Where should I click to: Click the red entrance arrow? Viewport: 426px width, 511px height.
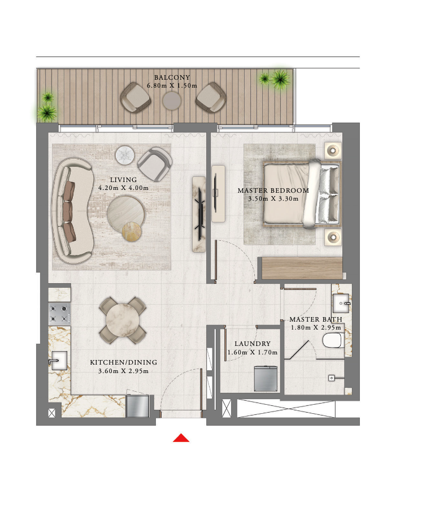[x=181, y=438]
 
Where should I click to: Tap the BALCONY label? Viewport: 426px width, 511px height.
[x=172, y=77]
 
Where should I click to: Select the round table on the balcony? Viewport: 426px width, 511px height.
[x=172, y=101]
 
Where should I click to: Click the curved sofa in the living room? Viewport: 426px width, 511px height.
[x=72, y=211]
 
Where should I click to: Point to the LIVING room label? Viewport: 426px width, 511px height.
[x=123, y=180]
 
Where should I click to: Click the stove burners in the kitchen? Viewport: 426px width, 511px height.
[x=59, y=314]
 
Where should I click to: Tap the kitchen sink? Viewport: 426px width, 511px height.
[x=59, y=361]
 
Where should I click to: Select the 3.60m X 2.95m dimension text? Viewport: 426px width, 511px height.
[x=123, y=371]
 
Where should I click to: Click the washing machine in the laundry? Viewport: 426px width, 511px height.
[x=266, y=379]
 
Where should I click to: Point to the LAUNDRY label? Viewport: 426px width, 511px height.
[x=253, y=344]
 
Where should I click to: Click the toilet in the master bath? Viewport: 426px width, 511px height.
[x=332, y=340]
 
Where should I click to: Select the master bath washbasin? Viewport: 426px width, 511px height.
[x=341, y=304]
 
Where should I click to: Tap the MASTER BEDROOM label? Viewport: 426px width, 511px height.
[x=273, y=190]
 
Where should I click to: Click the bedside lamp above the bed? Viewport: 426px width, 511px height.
[x=333, y=150]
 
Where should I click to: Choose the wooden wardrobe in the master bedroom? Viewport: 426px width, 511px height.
[x=302, y=268]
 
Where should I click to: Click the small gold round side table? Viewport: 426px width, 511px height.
[x=132, y=231]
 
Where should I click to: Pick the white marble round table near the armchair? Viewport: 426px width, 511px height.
[x=125, y=154]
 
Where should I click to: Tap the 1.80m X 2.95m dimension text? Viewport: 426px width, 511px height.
[x=316, y=327]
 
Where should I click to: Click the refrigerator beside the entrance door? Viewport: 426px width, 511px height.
[x=138, y=406]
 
